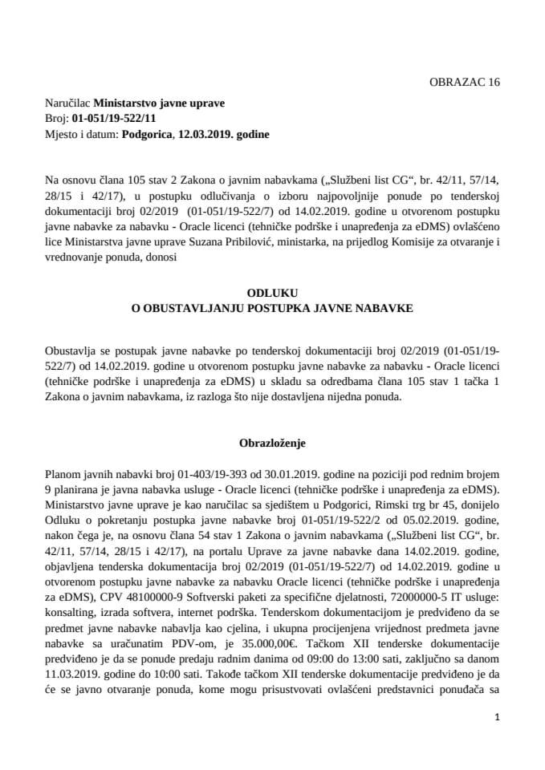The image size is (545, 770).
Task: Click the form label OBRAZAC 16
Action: (x=465, y=82)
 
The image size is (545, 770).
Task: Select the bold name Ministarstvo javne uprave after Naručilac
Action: (x=160, y=103)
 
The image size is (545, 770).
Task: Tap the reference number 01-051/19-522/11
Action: (x=115, y=119)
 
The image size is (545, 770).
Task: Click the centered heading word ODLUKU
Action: (x=272, y=294)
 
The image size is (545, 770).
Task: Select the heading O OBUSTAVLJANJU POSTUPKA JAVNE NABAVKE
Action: (x=272, y=308)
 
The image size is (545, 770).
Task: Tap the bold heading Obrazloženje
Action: (x=272, y=442)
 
